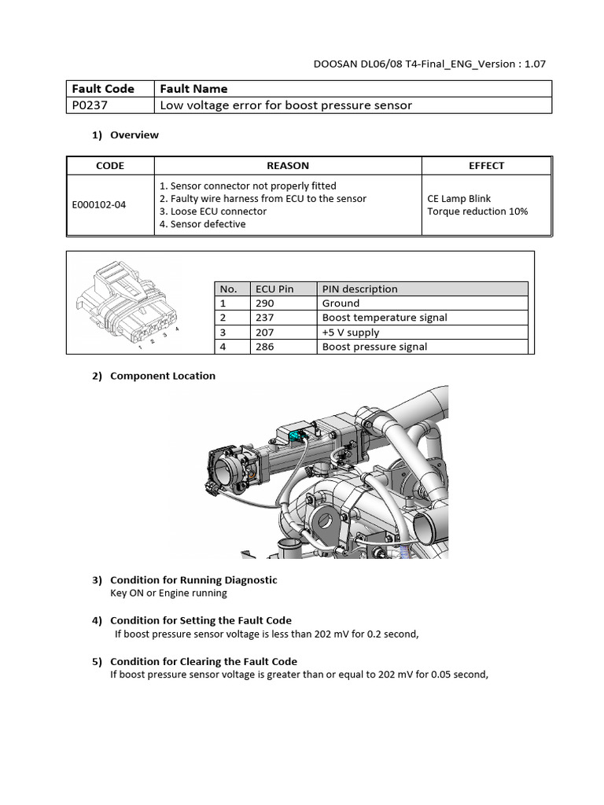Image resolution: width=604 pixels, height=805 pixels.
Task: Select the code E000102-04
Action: point(98,205)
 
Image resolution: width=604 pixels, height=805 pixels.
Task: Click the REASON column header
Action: point(288,166)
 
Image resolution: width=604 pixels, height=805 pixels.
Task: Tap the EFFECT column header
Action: point(486,166)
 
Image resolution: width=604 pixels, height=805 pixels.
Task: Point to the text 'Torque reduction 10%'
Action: point(477,211)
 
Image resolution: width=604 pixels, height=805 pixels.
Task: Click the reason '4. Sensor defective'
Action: point(202,224)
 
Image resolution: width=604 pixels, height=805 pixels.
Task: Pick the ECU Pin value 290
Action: point(265,303)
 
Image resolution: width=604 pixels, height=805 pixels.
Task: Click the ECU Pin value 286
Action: point(265,347)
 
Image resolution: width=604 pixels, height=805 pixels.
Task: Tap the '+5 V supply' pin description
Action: point(351,333)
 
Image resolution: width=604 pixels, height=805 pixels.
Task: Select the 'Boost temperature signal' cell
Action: point(385,318)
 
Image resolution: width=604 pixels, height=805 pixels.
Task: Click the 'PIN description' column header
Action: point(359,289)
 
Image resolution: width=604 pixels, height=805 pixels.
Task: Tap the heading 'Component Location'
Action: point(162,376)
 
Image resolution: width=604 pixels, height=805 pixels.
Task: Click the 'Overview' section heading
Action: point(134,135)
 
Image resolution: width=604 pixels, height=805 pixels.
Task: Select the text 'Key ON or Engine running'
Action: point(168,593)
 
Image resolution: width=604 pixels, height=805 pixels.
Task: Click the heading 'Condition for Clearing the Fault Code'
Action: point(204,661)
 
